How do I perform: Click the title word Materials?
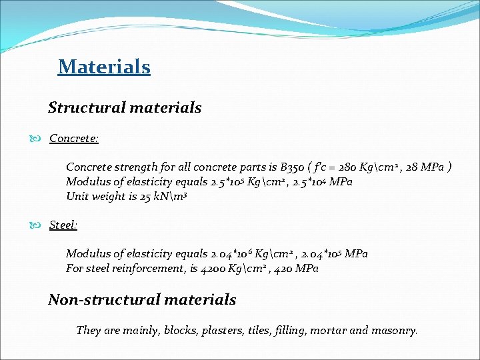(104, 67)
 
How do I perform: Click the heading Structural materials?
(125, 107)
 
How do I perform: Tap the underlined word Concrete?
(74, 139)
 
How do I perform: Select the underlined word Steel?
(63, 225)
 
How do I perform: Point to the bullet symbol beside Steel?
(39, 225)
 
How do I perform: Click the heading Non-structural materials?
(142, 299)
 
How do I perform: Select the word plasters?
(219, 330)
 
